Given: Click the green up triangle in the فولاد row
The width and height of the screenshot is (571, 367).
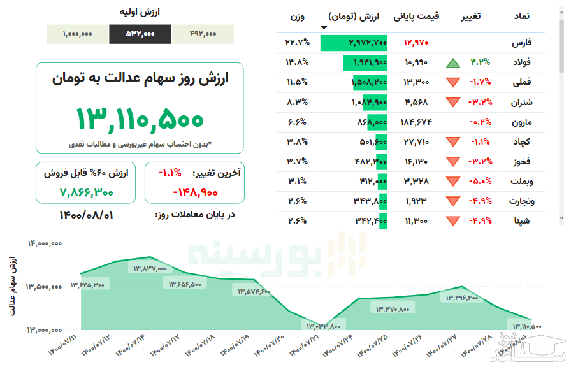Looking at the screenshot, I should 453,63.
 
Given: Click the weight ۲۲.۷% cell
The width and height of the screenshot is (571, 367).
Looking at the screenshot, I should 297,43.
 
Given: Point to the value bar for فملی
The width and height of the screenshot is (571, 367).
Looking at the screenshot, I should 369,82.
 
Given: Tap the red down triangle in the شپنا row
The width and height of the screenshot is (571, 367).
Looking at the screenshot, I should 453,221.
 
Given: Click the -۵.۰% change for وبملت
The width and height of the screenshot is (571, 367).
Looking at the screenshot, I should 480,181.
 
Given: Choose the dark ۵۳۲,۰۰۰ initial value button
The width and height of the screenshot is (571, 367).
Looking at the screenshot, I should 140,34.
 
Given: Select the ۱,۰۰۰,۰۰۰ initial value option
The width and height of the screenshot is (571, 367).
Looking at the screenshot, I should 78,34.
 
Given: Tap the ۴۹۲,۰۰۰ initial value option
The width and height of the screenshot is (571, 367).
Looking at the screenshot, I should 203,34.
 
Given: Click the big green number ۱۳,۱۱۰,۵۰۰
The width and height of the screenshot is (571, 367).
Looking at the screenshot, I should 140,119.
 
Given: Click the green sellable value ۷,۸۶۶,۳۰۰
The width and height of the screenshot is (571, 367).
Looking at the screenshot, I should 87,191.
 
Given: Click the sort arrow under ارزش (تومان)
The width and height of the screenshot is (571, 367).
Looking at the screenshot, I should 324,27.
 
